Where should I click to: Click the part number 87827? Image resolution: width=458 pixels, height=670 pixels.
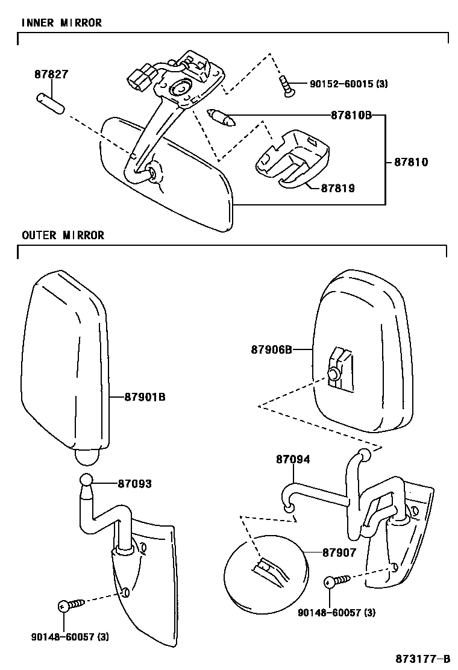[x=51, y=75]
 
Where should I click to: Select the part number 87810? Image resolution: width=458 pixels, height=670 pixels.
[x=411, y=162]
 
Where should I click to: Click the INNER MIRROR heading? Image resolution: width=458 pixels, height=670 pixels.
[x=61, y=23]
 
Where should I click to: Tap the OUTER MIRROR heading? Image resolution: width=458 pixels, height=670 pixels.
[x=63, y=235]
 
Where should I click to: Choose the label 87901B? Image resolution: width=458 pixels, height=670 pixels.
[x=145, y=397]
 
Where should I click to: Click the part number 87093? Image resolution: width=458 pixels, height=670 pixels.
[x=134, y=484]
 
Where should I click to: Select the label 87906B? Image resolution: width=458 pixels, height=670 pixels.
[x=272, y=349]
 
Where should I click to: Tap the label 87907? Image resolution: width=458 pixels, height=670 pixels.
[x=339, y=552]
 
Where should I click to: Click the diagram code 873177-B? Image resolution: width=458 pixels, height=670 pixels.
[x=423, y=657]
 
